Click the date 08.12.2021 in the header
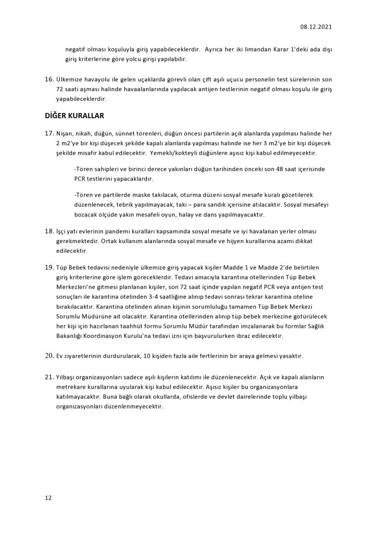(316, 26)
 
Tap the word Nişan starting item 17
(65, 134)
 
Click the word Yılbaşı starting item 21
(68, 376)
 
